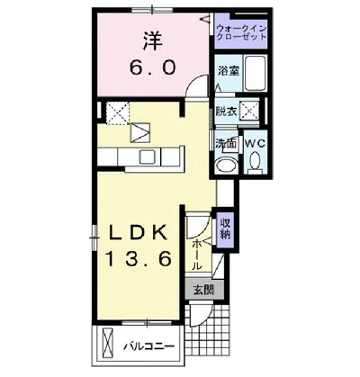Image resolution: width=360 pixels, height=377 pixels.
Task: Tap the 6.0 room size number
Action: pyautogui.click(x=152, y=68)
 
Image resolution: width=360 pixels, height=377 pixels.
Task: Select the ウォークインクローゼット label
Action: pyautogui.click(x=241, y=33)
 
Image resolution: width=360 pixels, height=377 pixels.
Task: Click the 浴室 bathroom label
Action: pyautogui.click(x=229, y=71)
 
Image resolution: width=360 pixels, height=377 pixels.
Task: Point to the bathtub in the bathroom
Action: pyautogui.click(x=255, y=73)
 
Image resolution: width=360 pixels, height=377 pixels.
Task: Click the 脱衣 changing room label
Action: pyautogui.click(x=227, y=112)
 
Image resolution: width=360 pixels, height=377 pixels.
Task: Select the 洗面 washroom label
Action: pyautogui.click(x=227, y=142)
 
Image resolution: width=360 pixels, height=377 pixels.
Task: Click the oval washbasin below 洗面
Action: pyautogui.click(x=227, y=165)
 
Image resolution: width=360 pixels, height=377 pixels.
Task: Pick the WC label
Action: pyautogui.click(x=256, y=143)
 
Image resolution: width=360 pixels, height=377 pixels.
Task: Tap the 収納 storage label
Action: pyautogui.click(x=225, y=229)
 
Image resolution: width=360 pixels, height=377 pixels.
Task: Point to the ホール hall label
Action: pyautogui.click(x=196, y=255)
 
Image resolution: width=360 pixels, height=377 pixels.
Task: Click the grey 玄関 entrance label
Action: pyautogui.click(x=204, y=290)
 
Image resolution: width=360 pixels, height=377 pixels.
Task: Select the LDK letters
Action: pyautogui.click(x=138, y=232)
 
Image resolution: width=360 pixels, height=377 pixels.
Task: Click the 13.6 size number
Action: pyautogui.click(x=139, y=259)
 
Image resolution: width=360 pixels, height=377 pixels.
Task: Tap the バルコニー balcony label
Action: pyautogui.click(x=149, y=347)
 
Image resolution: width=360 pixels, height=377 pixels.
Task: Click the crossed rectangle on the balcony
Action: pyautogui.click(x=108, y=342)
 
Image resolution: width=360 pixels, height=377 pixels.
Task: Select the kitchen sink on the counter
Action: pyautogui.click(x=148, y=157)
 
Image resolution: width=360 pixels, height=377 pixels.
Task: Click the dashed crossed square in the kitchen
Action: pyautogui.click(x=118, y=113)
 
